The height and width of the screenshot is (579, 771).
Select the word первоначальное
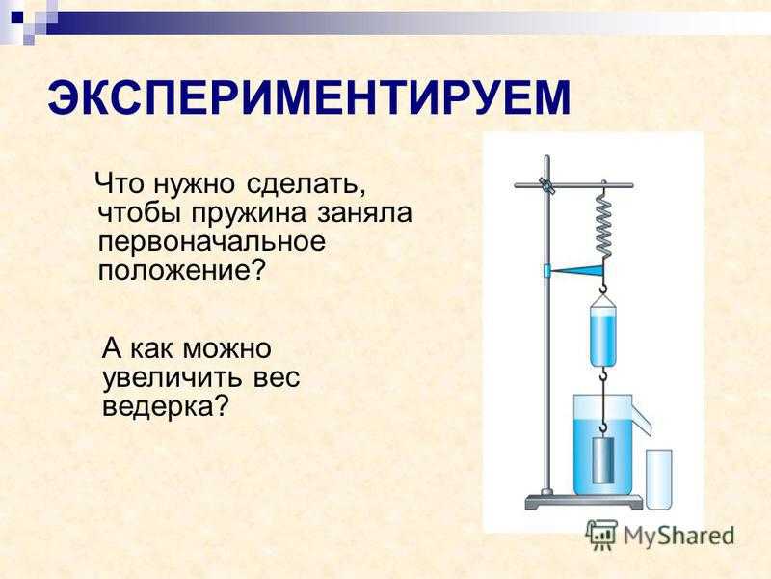(x=212, y=242)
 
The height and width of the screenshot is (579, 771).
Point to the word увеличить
(x=173, y=378)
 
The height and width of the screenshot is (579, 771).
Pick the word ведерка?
(x=166, y=407)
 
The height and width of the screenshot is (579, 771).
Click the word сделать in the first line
(x=307, y=185)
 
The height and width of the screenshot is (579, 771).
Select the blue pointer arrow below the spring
(x=573, y=270)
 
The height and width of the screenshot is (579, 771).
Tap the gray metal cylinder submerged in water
(x=603, y=459)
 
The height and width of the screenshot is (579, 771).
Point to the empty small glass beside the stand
(x=659, y=479)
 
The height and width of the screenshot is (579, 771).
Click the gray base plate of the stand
(x=584, y=502)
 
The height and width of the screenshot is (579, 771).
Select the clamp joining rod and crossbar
(x=546, y=185)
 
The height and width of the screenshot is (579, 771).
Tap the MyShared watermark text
(x=678, y=536)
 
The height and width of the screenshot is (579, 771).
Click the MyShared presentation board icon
(x=601, y=535)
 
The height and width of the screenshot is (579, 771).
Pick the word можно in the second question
(x=226, y=349)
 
